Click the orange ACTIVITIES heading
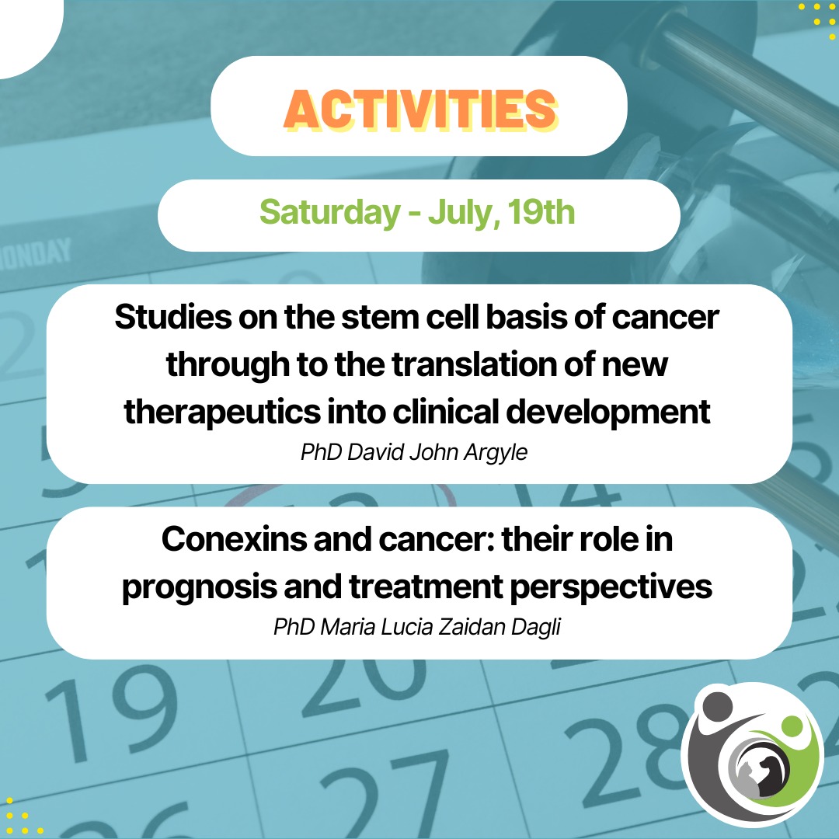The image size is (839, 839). click(x=419, y=111)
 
